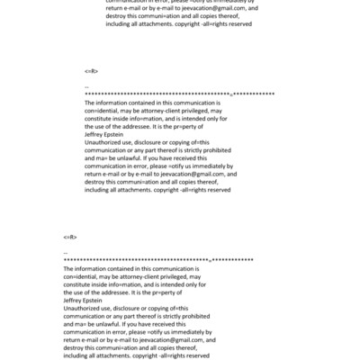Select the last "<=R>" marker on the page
[70, 237]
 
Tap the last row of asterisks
[157, 260]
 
